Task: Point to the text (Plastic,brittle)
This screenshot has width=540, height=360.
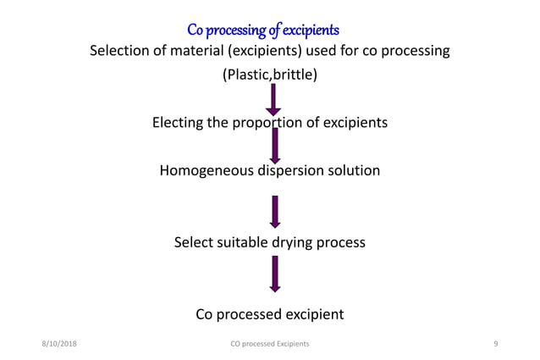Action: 270,75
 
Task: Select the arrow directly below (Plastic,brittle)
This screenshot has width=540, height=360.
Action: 273,98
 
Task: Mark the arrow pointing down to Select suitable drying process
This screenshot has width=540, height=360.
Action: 274,212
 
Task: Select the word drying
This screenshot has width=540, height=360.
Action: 291,242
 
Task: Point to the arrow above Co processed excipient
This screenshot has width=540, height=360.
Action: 274,274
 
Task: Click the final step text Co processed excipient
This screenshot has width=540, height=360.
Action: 270,314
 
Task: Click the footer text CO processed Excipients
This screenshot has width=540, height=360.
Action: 270,343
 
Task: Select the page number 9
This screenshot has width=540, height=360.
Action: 494,343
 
